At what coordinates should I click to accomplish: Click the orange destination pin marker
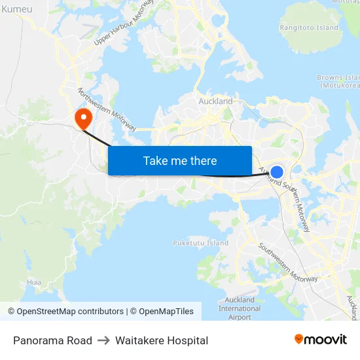tap(84, 118)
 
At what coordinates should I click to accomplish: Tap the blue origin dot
tap(277, 172)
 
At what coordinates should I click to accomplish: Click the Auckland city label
tap(215, 101)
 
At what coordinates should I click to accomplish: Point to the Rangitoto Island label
tap(309, 27)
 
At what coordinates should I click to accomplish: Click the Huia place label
tap(34, 282)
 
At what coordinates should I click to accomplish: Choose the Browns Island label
tap(338, 81)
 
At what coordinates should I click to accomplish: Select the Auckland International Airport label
tap(239, 308)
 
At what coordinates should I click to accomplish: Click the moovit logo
tap(321, 339)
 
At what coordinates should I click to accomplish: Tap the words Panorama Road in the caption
tap(52, 340)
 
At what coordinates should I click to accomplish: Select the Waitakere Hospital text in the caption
tap(162, 340)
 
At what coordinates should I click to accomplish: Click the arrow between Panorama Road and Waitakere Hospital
tap(103, 340)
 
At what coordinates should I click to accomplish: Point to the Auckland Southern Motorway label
tap(287, 197)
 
